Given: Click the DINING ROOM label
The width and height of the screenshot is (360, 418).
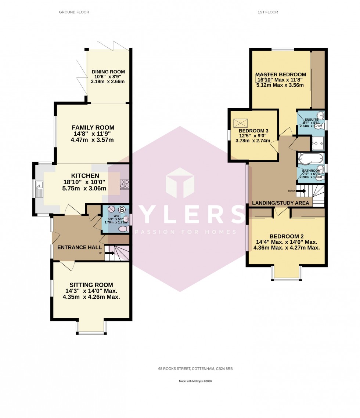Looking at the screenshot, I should (x=108, y=72).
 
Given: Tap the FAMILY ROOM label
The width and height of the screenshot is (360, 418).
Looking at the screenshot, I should (x=93, y=128).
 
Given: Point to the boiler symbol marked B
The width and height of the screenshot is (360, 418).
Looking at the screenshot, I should (x=122, y=210).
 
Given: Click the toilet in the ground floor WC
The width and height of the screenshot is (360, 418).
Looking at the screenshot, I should (x=123, y=229).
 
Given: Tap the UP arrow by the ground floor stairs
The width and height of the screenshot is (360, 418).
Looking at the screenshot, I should (x=109, y=253).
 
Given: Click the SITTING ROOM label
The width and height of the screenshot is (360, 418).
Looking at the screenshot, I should (x=91, y=285).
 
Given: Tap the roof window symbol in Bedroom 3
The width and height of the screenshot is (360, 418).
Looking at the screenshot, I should (x=241, y=122).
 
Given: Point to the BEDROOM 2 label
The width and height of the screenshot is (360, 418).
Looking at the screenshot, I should (x=287, y=236).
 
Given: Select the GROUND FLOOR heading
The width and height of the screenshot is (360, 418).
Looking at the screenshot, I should (x=74, y=12).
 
